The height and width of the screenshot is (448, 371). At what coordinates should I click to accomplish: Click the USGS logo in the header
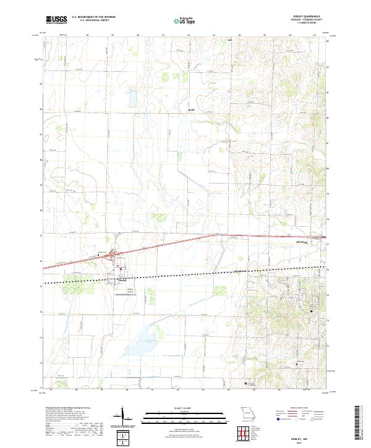56,20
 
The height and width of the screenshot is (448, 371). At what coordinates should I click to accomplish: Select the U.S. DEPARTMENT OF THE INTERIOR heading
93,17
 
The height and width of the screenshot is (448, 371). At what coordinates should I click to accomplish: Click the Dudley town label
122,278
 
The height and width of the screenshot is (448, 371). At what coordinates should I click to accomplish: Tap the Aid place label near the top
228,41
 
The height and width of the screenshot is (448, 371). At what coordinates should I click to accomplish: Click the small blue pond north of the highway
132,98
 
